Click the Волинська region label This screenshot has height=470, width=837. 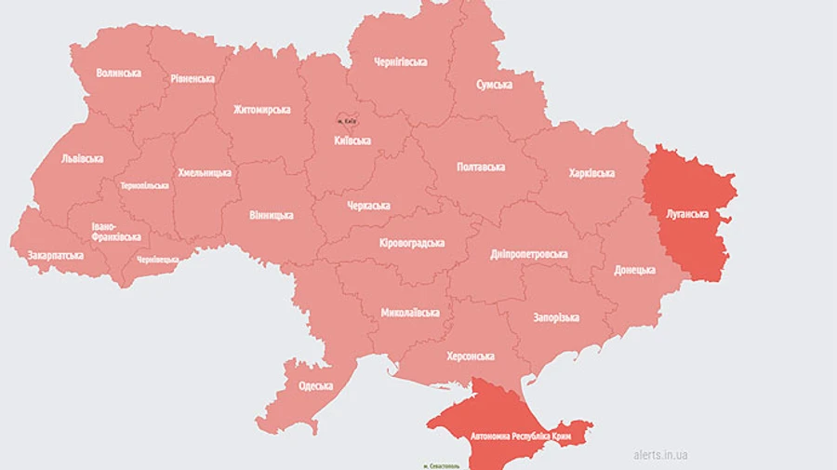click(x=118, y=73)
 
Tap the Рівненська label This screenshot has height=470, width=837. click(x=193, y=79)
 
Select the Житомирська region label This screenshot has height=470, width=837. click(x=261, y=110)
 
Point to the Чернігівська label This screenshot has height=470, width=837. click(x=400, y=61)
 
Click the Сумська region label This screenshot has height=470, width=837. click(x=494, y=85)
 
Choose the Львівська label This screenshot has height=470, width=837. click(x=82, y=158)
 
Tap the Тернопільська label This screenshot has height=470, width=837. click(x=144, y=185)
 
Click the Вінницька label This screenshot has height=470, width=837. click(x=271, y=215)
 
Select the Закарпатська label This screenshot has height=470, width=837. click(x=55, y=255)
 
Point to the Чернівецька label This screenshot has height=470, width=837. click(x=157, y=260)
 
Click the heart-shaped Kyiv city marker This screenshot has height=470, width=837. click(x=346, y=120)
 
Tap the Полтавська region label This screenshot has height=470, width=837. click(x=481, y=167)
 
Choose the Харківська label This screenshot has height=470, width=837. click(x=591, y=173)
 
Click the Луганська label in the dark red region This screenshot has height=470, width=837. click(x=689, y=213)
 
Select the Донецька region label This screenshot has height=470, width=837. click(x=634, y=270)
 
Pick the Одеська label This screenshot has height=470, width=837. click(x=316, y=386)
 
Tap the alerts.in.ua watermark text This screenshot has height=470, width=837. click(x=660, y=455)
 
